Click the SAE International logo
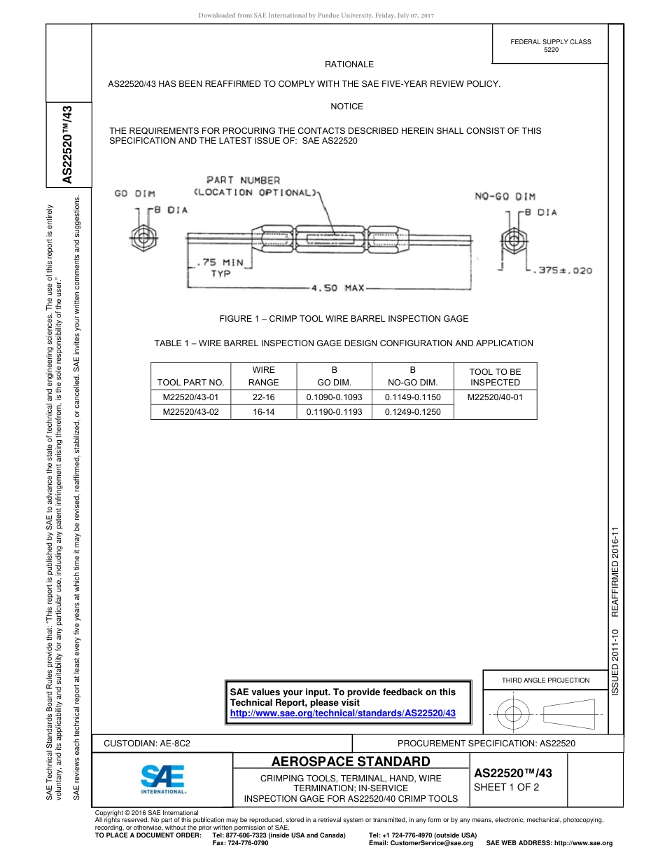coord(163,778)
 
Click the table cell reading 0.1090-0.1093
coord(334,397)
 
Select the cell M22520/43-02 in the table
coord(190,412)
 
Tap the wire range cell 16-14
coord(263,412)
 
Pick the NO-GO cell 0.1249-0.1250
coord(412,412)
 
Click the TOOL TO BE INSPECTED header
coord(495,376)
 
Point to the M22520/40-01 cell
coord(495,397)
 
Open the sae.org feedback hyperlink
coord(343,713)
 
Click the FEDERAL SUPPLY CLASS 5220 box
coord(550,46)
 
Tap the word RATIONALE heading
coord(349,64)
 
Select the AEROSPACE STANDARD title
coord(351,762)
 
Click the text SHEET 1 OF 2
coord(506,787)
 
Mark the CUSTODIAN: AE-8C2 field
coord(147,743)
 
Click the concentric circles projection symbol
coord(513,715)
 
